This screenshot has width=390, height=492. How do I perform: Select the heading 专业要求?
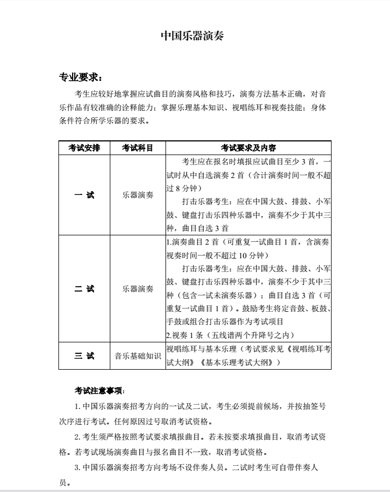coord(80,78)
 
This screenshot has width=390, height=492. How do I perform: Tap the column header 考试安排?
coord(84,147)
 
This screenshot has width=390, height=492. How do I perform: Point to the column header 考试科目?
coord(137,147)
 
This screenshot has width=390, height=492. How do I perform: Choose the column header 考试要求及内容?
coord(249,147)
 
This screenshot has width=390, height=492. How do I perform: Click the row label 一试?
coord(84,195)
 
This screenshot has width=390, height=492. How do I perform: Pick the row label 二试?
coord(84,288)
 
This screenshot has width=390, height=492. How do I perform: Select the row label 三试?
coord(84,355)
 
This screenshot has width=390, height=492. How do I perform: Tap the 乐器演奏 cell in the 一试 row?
coord(137,195)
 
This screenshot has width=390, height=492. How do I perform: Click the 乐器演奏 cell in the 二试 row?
coord(137,288)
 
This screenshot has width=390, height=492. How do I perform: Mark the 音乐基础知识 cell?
coord(137,355)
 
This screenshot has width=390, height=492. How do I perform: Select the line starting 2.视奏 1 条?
coord(230,334)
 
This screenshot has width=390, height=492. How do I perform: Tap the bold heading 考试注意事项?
coord(99,391)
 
